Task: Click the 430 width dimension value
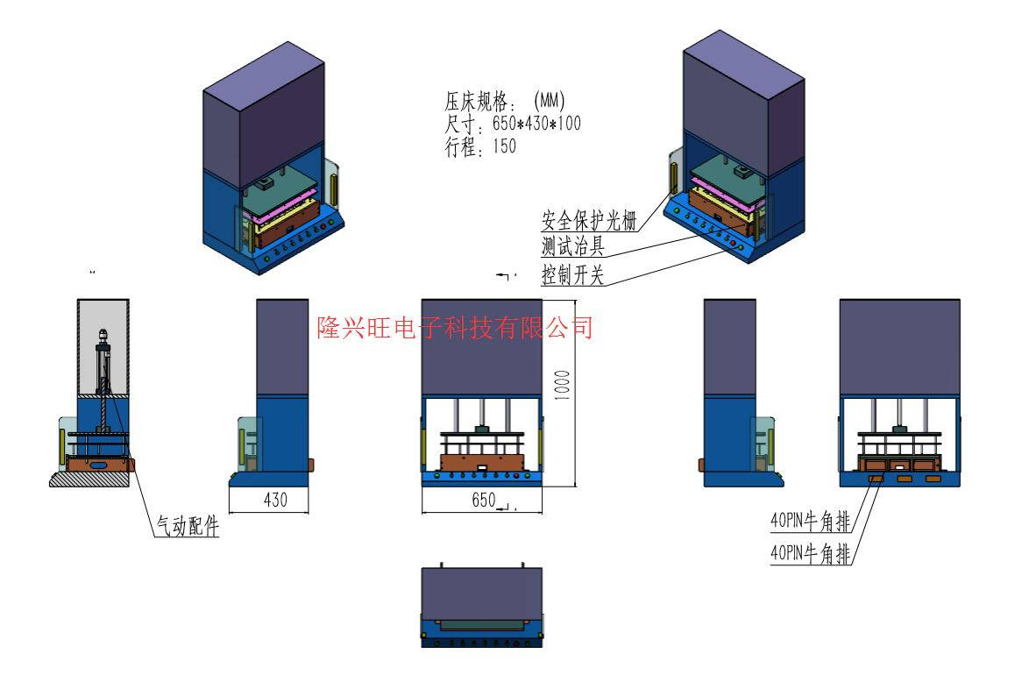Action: [276, 500]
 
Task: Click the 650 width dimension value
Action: [484, 500]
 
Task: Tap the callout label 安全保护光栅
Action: [588, 220]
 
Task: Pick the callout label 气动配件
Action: [187, 526]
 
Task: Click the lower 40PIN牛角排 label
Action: [810, 553]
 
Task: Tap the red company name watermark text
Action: [455, 328]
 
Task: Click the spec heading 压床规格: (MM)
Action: [505, 102]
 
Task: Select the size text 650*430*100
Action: [513, 124]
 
